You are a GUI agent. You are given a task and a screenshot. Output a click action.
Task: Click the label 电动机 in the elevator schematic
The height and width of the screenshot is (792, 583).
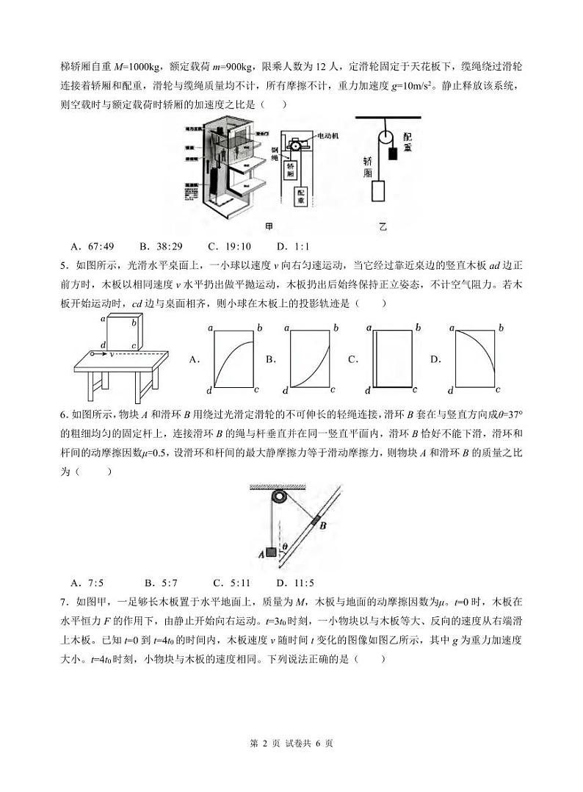pyautogui.click(x=327, y=136)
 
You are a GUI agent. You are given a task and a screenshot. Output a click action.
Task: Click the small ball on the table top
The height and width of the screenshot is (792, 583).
pyautogui.click(x=93, y=354)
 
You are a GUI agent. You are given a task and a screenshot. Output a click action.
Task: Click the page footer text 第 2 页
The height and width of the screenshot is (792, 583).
pyautogui.click(x=264, y=744)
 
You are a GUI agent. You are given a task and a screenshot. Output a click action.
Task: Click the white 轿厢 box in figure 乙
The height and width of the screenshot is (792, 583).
pyautogui.click(x=378, y=191)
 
